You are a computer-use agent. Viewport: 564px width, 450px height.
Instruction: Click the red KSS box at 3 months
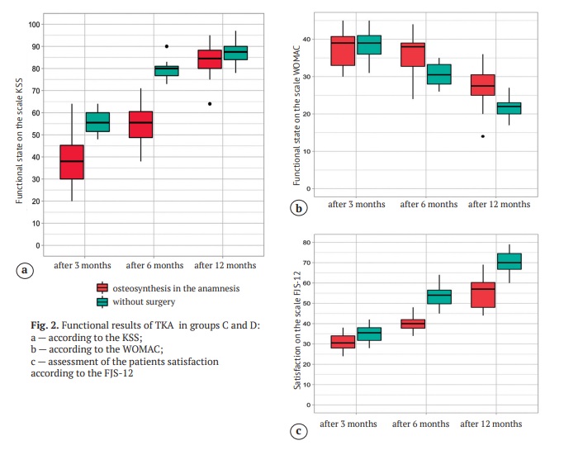(72, 162)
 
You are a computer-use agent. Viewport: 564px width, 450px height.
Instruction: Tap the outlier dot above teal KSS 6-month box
(167, 46)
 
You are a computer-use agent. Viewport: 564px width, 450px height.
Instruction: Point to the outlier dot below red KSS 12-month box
(210, 104)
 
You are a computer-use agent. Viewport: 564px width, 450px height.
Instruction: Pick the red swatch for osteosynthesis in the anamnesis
(102, 287)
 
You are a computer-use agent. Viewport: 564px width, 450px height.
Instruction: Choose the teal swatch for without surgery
(102, 301)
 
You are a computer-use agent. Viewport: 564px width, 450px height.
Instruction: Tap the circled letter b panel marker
(300, 209)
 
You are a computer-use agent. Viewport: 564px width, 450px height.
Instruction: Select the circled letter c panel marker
(300, 429)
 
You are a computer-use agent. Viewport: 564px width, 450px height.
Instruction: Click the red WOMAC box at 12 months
(482, 85)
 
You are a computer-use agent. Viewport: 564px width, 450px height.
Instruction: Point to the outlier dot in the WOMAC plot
(482, 136)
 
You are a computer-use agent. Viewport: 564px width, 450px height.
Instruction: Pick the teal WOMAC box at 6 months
(438, 74)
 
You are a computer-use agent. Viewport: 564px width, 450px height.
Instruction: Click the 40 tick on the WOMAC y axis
(307, 40)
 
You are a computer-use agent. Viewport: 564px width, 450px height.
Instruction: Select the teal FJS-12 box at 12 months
(509, 261)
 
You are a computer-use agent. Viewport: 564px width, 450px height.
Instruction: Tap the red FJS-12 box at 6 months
(412, 324)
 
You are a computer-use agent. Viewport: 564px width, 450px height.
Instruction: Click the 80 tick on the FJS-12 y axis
(307, 243)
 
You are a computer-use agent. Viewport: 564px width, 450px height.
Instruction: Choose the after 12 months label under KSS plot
(225, 266)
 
